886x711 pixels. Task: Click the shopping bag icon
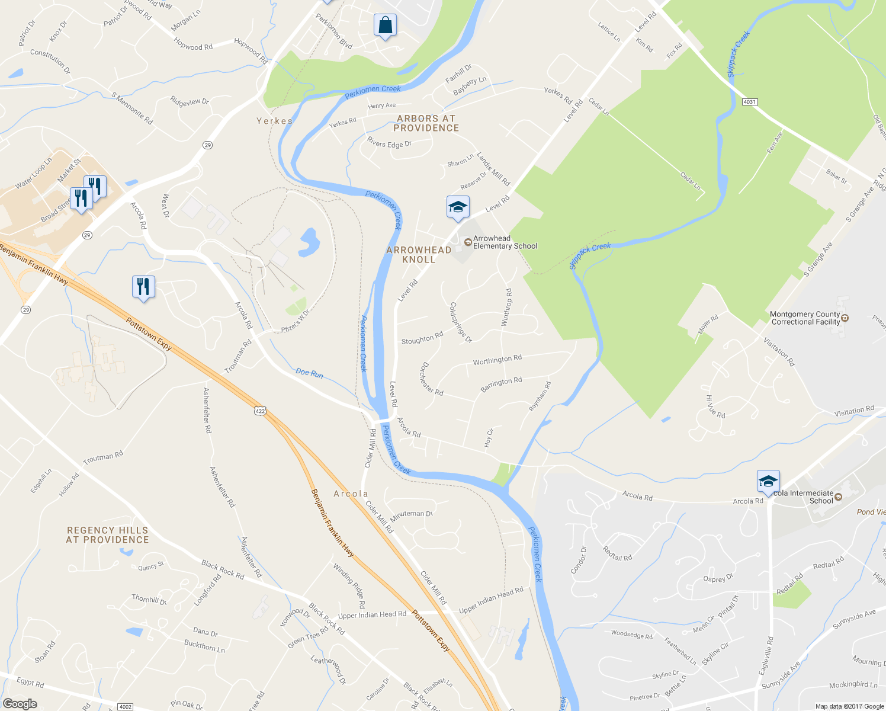point(385,25)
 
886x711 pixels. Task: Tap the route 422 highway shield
point(260,410)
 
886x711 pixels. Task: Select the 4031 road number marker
point(749,102)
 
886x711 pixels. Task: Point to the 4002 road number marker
point(125,706)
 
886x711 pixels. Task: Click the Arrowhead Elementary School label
point(505,242)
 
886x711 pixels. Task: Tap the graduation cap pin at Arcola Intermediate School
point(768,481)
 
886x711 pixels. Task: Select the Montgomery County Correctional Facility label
point(805,318)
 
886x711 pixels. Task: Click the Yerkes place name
point(274,121)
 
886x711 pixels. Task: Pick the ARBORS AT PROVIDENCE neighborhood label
point(426,123)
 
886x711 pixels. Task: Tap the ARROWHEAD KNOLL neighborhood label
point(419,255)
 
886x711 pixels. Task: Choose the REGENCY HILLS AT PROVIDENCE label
point(107,535)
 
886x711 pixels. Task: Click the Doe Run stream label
point(309,373)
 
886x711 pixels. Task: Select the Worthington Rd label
point(497,360)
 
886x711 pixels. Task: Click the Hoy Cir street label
point(489,438)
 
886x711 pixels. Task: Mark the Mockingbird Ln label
point(853,684)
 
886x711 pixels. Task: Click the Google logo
point(20,703)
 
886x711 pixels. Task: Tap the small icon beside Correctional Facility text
point(845,318)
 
